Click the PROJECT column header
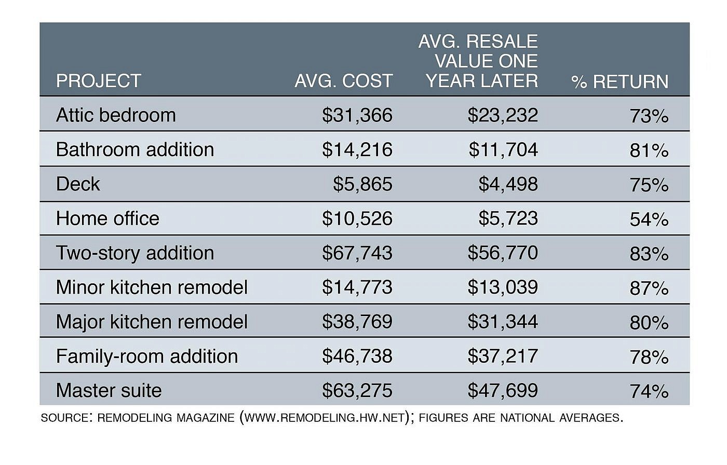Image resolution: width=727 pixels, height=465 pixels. [x=99, y=81]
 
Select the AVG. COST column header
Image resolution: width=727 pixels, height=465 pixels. [x=343, y=81]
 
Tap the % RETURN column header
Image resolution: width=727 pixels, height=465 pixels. [x=620, y=81]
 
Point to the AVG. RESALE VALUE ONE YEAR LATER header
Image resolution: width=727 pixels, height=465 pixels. [x=478, y=61]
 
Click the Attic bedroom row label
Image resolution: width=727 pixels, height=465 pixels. [x=116, y=115]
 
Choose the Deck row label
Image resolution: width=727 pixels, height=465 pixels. [x=78, y=184]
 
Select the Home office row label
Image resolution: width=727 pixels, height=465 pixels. [x=107, y=218]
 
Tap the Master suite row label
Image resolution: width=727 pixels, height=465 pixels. [x=109, y=390]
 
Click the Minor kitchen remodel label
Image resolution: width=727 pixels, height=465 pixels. [x=152, y=288]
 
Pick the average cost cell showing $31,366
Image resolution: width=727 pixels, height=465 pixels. [x=357, y=115]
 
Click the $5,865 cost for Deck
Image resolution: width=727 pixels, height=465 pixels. [x=362, y=184]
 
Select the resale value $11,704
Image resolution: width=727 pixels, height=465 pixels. [x=503, y=150]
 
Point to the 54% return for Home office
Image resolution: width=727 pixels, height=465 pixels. [x=649, y=220]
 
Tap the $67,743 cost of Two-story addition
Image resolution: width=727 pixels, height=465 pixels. [x=357, y=253]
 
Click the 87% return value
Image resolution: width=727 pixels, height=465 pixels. [x=649, y=288]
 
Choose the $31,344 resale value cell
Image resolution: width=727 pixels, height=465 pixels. [x=502, y=322]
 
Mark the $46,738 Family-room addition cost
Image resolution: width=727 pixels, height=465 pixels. [x=357, y=356]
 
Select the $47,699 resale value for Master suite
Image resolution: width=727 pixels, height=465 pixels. [x=502, y=390]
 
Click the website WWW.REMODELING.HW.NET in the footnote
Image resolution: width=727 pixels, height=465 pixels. [x=324, y=418]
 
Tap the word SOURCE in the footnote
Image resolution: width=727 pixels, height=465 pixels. [x=65, y=418]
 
